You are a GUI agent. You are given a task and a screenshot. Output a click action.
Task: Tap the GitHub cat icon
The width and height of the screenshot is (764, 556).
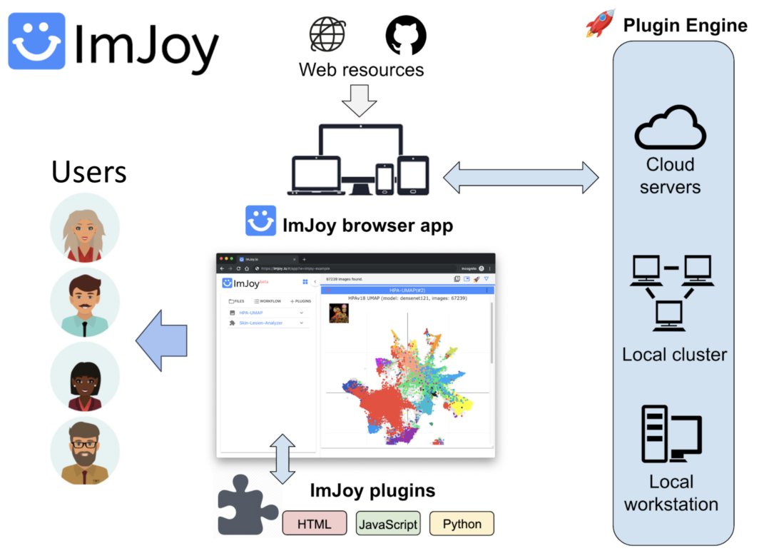[406, 35]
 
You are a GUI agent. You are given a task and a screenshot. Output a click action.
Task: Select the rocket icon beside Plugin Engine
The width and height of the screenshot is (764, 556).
[600, 24]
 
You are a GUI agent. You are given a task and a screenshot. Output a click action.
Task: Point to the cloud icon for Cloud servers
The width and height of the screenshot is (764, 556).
[670, 128]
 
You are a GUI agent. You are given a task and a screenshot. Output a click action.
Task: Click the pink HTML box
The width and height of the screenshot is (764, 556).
[315, 524]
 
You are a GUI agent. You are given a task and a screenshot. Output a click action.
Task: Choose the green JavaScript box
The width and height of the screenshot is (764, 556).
[388, 524]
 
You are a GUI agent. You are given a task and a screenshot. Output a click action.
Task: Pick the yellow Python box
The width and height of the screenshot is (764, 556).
[462, 524]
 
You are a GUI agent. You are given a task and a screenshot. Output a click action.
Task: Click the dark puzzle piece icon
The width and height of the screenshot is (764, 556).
[246, 507]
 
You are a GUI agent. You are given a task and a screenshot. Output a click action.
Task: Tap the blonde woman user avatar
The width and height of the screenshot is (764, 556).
[85, 228]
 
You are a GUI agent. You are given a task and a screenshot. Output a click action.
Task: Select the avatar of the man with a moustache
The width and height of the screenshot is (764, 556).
[85, 303]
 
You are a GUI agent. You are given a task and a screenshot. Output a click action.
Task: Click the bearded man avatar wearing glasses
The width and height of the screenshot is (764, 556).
[85, 451]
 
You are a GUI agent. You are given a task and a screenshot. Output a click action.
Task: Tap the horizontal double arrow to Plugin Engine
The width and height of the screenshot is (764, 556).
[521, 177]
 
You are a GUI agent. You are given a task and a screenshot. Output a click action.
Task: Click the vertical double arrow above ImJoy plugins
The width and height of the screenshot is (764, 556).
[283, 458]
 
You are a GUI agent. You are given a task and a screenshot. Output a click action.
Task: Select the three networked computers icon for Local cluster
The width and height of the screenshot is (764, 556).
[671, 293]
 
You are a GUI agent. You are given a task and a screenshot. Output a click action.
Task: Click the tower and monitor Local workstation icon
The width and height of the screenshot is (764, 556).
[671, 434]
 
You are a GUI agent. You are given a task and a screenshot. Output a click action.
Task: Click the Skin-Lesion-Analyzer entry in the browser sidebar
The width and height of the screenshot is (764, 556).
[261, 323]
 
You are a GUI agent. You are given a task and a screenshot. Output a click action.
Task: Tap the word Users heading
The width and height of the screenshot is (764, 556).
[89, 172]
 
